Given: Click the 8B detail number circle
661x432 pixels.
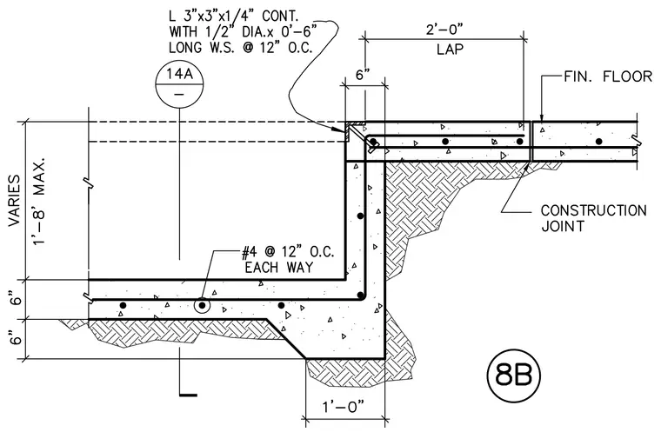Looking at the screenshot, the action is [x=513, y=375].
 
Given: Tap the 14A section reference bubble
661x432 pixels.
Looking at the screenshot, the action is [x=179, y=83].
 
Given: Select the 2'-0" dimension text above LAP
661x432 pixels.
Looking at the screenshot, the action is [x=444, y=30].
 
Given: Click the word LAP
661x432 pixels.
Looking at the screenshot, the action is [x=450, y=50].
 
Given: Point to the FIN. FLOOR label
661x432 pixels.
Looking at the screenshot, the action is [x=608, y=76].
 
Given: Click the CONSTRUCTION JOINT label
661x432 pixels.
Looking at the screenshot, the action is [x=593, y=218].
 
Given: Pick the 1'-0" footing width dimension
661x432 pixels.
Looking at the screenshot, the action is [x=344, y=407].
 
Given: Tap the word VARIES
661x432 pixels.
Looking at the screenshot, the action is [x=14, y=200].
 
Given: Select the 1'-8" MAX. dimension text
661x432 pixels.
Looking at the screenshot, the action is [x=39, y=203].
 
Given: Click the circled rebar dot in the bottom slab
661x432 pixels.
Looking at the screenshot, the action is [x=203, y=305].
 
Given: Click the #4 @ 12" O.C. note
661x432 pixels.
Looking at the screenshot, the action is [x=288, y=252].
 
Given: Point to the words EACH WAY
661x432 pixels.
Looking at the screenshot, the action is [x=279, y=267].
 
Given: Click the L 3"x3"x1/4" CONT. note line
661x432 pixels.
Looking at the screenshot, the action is [x=234, y=17].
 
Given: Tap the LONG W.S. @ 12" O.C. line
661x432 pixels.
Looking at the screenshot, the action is [x=241, y=47].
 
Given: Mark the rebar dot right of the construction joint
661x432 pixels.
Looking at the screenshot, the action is [x=598, y=141].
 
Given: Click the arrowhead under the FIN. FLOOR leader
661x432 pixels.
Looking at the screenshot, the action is [x=542, y=118].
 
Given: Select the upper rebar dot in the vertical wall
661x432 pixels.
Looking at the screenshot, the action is [x=360, y=216].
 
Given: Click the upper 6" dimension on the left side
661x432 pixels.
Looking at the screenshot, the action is [x=16, y=300].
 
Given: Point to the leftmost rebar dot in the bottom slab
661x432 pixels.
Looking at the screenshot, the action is [x=123, y=305].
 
